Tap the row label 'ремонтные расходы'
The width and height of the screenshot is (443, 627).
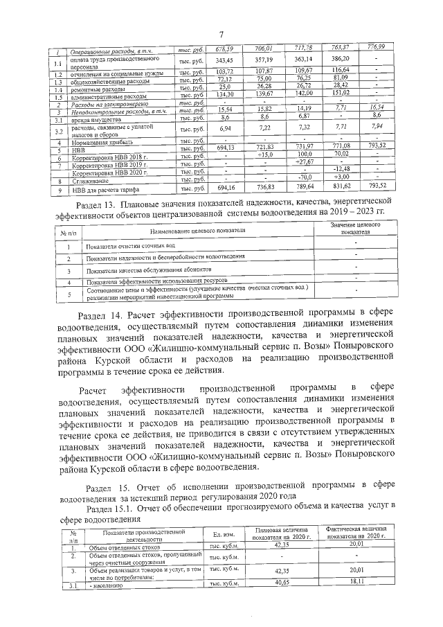click(97, 88)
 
